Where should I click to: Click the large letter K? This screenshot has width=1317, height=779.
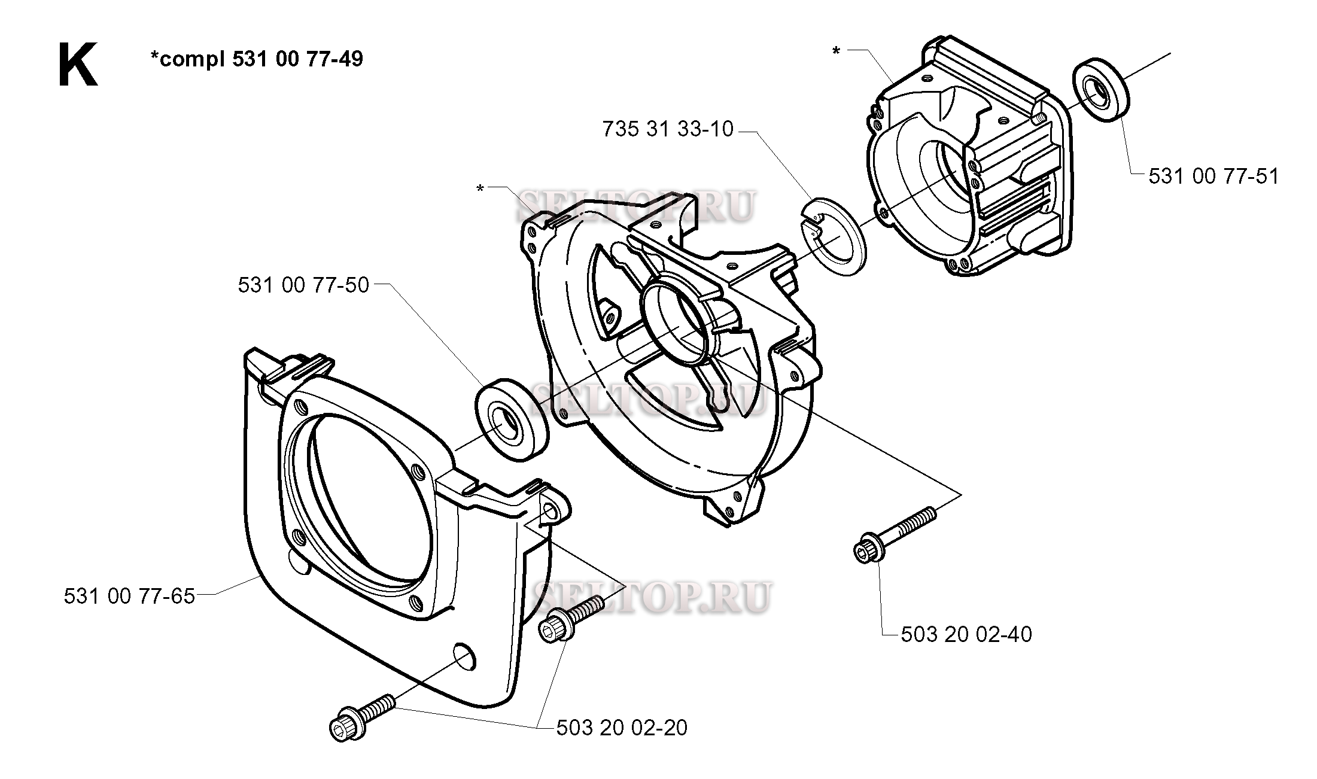[x=77, y=66]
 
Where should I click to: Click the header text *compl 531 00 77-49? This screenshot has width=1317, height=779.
[x=256, y=59]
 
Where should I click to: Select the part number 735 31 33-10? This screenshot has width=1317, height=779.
[x=668, y=129]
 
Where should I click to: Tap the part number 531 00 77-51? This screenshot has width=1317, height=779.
[x=1213, y=177]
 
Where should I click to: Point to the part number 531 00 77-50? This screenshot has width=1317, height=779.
[x=303, y=285]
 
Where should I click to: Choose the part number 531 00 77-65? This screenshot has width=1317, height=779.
[x=129, y=597]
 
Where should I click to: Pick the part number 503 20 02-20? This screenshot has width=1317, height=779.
[x=622, y=728]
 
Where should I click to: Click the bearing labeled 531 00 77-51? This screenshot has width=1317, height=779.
[x=1100, y=91]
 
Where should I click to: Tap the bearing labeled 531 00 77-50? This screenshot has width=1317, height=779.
[x=512, y=420]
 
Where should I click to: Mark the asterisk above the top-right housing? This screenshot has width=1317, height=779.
[x=837, y=51]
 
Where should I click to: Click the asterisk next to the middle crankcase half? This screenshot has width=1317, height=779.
[x=480, y=188]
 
